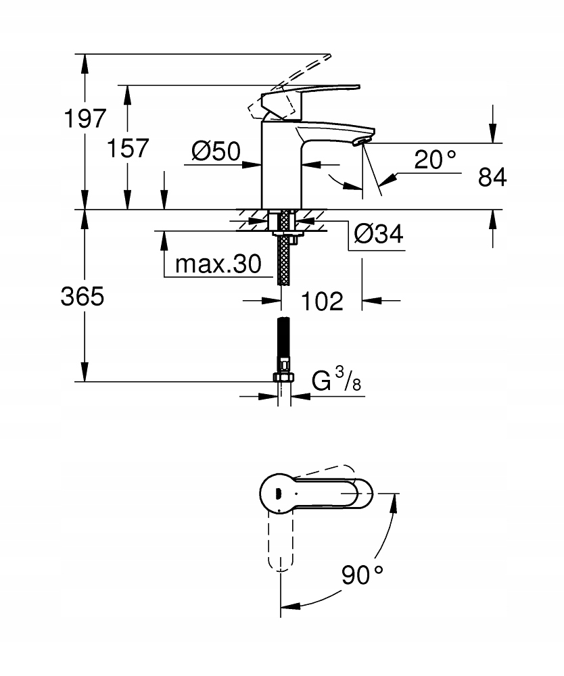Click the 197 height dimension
tap(85, 119)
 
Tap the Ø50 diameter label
tap(215, 151)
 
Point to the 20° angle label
tap(436, 160)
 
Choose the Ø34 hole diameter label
tap(378, 235)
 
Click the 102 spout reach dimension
tap(321, 301)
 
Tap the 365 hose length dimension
tap(83, 296)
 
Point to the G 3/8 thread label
tap(337, 382)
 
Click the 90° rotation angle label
tap(362, 575)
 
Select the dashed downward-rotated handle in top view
tap(281, 541)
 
